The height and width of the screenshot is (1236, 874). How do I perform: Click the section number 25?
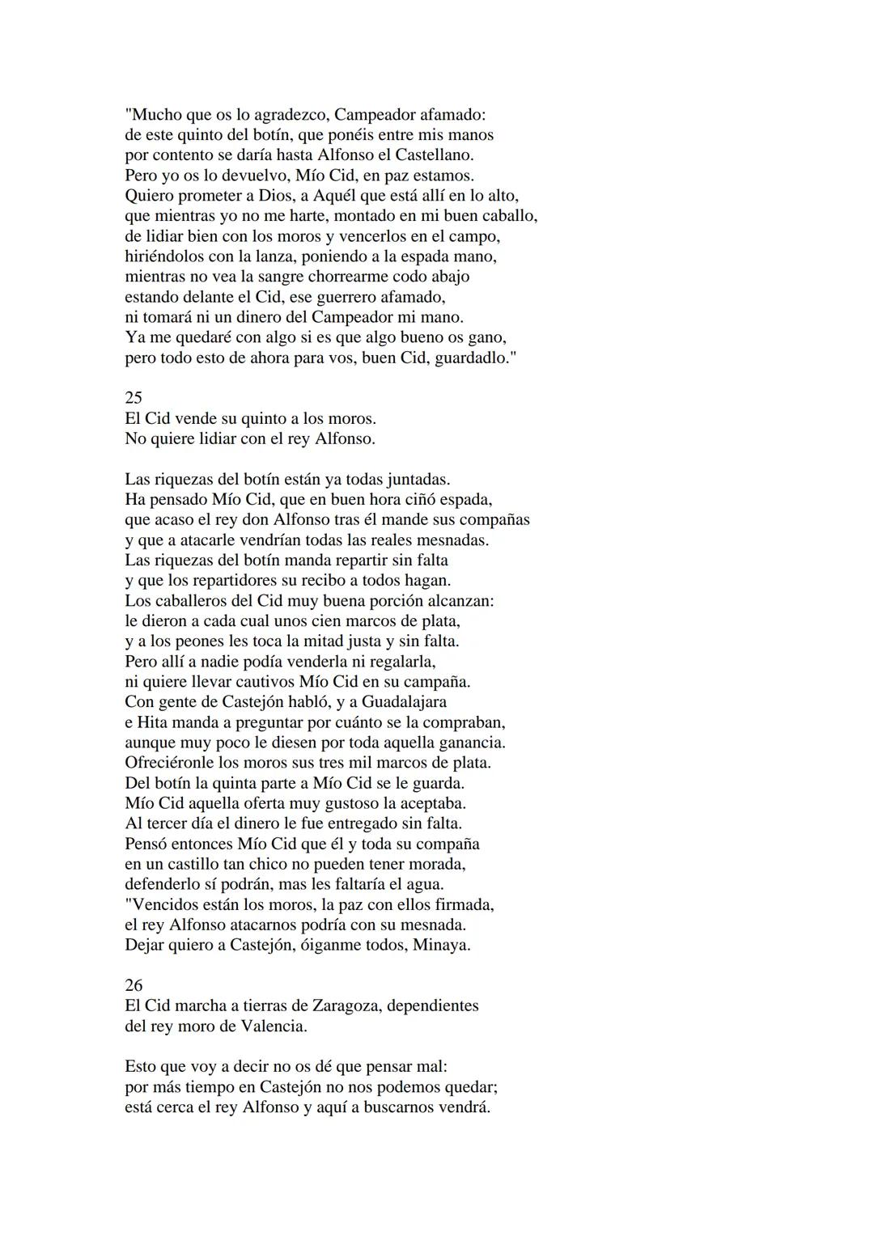[134, 398]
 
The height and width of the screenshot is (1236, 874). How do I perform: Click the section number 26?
[134, 985]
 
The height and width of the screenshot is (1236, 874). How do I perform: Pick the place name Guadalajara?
[404, 702]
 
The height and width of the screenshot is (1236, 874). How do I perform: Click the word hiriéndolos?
[169, 256]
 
